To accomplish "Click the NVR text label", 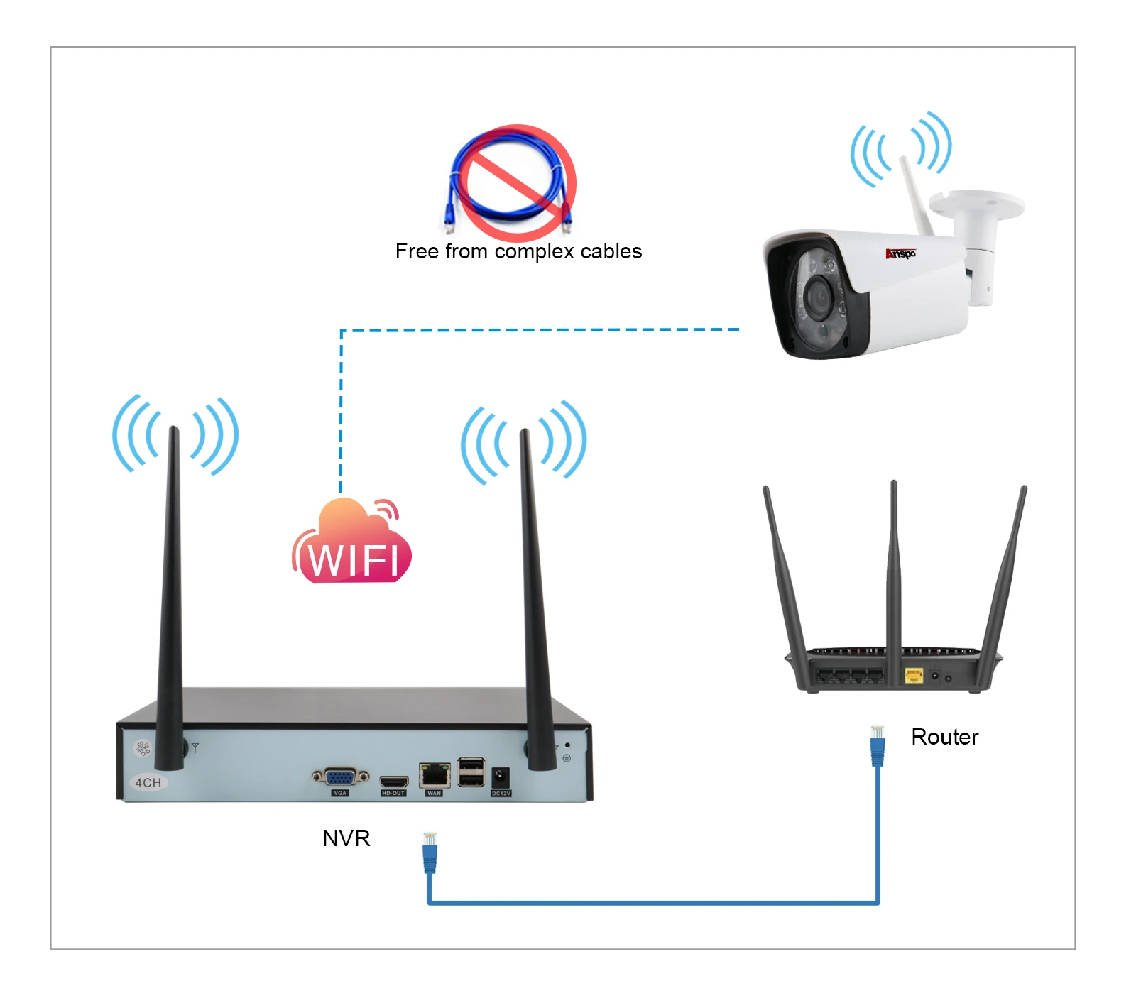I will [346, 838].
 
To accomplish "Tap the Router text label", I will [944, 737].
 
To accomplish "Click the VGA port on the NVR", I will [340, 777].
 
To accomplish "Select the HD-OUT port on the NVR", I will [393, 782].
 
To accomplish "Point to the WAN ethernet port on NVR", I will [435, 775].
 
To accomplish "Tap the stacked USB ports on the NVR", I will [471, 772].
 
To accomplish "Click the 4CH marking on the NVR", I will [148, 782].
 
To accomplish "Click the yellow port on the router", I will [913, 675].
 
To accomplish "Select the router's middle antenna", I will [894, 568].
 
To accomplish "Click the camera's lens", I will [819, 295].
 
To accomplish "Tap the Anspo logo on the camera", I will [900, 253].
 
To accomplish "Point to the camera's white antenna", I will [915, 195].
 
